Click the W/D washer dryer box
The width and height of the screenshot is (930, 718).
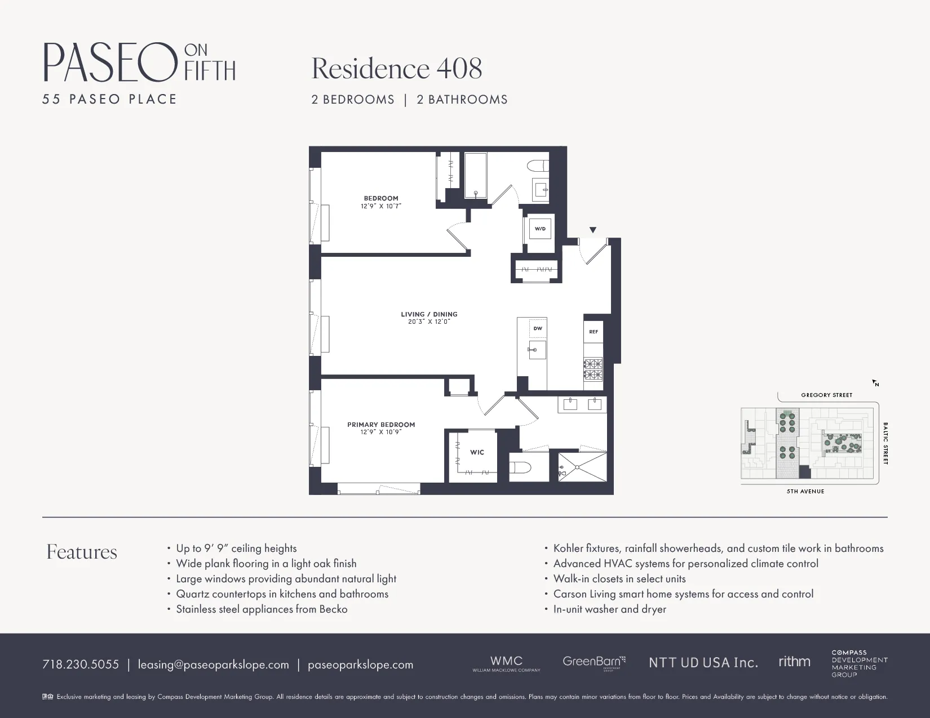pyautogui.click(x=540, y=229)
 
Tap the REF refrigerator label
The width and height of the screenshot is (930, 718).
pyautogui.click(x=594, y=332)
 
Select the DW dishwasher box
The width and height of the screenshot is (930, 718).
pyautogui.click(x=538, y=328)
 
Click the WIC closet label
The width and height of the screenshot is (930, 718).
pyautogui.click(x=477, y=452)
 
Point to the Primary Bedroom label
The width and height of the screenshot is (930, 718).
pyautogui.click(x=381, y=425)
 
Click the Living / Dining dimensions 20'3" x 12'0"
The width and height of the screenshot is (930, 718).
pyautogui.click(x=429, y=322)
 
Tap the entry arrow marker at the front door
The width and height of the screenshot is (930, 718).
pyautogui.click(x=592, y=230)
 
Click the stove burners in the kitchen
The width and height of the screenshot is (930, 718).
pyautogui.click(x=593, y=369)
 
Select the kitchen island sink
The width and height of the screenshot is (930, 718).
pyautogui.click(x=537, y=350)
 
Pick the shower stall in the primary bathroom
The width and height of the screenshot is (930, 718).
pyautogui.click(x=582, y=467)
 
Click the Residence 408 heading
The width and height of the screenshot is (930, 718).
pyautogui.click(x=397, y=69)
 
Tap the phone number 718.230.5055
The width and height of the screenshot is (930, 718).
pyautogui.click(x=81, y=665)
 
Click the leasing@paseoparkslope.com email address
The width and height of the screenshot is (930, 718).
pyautogui.click(x=213, y=665)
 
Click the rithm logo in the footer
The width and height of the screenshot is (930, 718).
pyautogui.click(x=794, y=662)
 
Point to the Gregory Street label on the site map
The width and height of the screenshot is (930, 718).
pyautogui.click(x=826, y=395)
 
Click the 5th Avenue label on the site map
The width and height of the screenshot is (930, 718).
pyautogui.click(x=805, y=492)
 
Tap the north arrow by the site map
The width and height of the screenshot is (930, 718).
pyautogui.click(x=875, y=383)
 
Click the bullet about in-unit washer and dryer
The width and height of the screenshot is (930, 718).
pyautogui.click(x=609, y=609)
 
